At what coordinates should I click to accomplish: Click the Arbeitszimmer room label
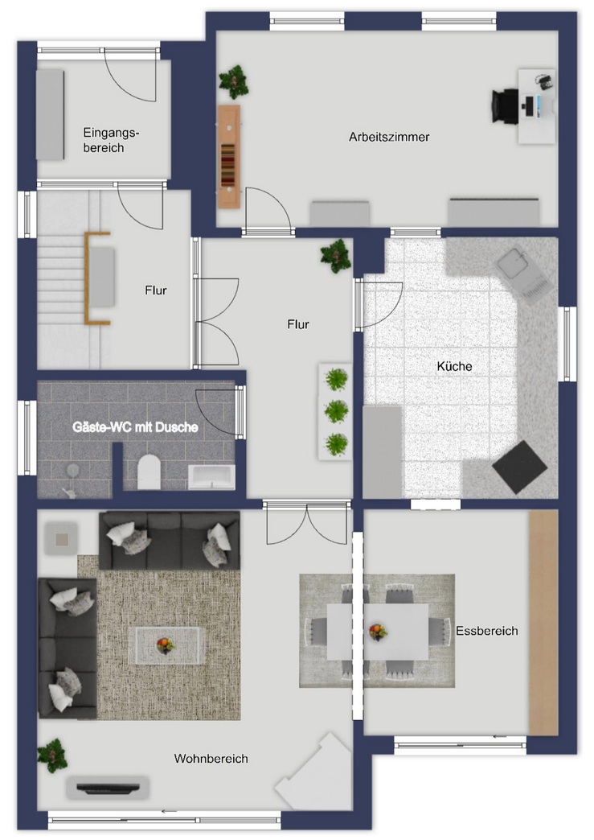click(389, 137)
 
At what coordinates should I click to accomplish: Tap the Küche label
click(454, 366)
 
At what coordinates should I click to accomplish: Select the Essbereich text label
click(487, 631)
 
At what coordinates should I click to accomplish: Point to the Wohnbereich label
click(211, 759)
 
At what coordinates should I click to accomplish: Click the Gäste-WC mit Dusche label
click(135, 427)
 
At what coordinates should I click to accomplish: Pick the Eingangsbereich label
click(111, 140)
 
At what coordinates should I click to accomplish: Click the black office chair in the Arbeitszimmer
click(505, 106)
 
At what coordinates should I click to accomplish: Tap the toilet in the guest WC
click(149, 472)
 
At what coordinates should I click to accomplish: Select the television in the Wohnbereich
click(108, 787)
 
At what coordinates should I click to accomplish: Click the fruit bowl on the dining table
click(379, 631)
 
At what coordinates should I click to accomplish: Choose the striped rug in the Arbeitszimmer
click(228, 166)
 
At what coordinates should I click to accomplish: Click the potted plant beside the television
click(52, 756)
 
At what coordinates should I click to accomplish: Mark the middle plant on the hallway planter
click(336, 411)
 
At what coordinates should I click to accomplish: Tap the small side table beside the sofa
click(61, 538)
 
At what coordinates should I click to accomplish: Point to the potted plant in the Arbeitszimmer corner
click(233, 82)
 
